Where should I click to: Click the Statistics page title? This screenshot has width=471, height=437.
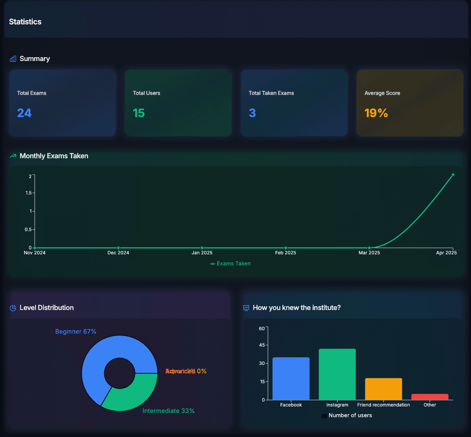pos(25,22)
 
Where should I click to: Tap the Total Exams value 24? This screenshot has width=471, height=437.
pos(24,113)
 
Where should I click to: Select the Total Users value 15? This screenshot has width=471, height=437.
pos(139,113)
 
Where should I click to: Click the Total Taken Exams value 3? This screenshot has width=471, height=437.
pos(252,113)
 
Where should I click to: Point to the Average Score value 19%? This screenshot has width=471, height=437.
pos(376,113)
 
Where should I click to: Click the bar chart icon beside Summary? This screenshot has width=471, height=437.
pos(13,59)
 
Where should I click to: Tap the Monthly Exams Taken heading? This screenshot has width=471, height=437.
pos(54,156)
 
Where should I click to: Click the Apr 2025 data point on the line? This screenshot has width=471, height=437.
pos(453,175)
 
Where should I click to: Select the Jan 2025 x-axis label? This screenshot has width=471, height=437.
pos(202,253)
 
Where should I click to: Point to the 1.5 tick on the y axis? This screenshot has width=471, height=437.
pos(29,193)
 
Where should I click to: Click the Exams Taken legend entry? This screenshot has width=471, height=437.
pos(230,263)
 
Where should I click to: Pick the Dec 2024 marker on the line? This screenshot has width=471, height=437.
pos(118,248)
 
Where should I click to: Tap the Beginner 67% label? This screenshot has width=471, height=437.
pos(76,332)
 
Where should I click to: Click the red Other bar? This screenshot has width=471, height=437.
pos(430,397)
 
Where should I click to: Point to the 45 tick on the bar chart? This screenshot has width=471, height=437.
pos(262,345)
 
